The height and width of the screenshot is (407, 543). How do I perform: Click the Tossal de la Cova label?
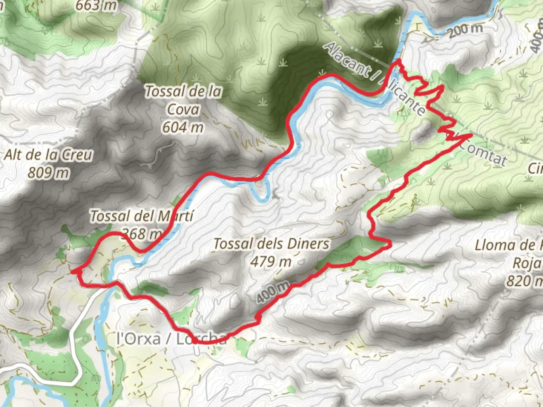tap(183, 100)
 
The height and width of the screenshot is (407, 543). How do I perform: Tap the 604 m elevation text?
tap(183, 127)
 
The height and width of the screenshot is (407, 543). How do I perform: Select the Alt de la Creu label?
tap(48, 155)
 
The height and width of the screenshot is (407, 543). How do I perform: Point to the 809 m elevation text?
tap(49, 173)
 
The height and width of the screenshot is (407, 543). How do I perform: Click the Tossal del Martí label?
tap(141, 216)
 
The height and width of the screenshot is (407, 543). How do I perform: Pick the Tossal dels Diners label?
tap(271, 244)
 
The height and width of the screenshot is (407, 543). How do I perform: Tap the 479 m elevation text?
tap(271, 261)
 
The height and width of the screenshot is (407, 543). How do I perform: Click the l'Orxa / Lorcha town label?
tap(172, 338)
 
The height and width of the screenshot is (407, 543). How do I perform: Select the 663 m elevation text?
tap(96, 6)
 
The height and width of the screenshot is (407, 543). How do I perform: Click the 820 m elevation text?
tap(524, 281)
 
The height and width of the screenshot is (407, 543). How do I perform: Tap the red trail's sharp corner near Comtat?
tap(471, 134)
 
